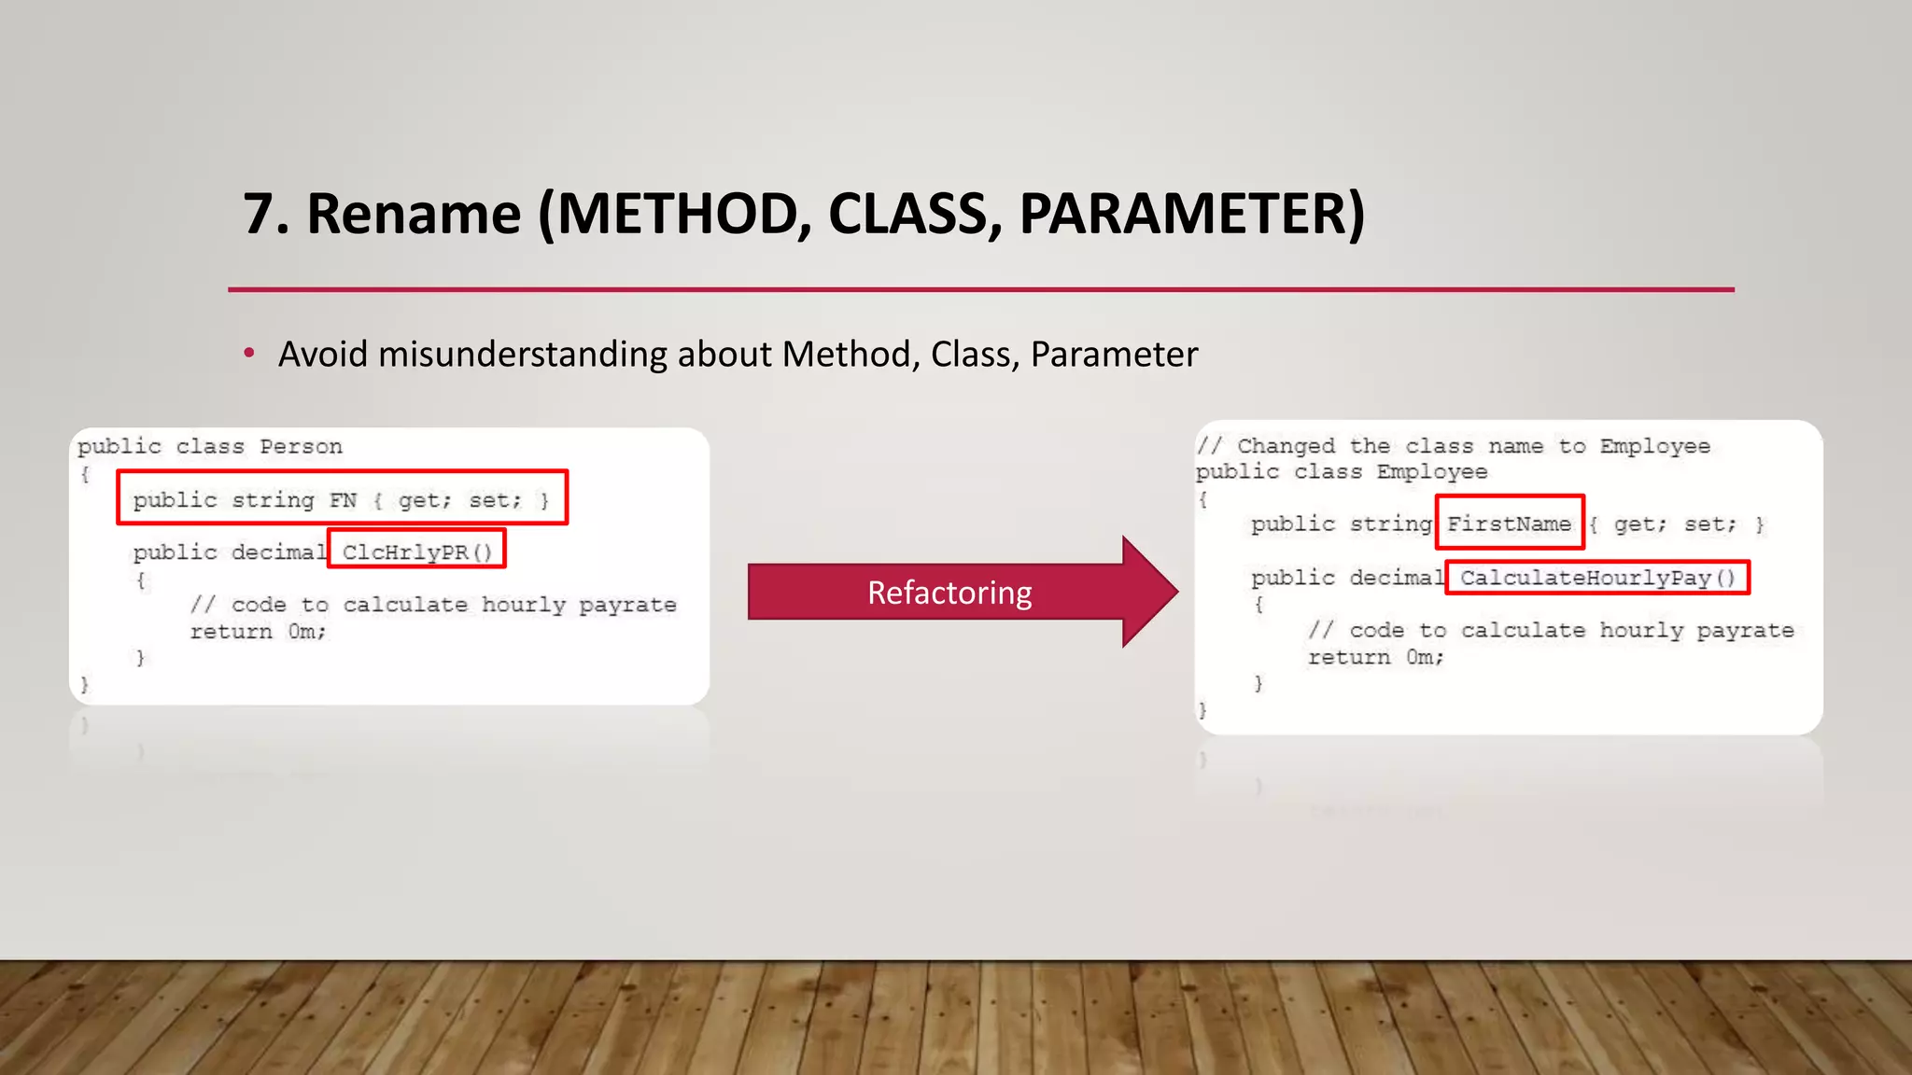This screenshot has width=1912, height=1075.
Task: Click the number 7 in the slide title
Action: point(259,215)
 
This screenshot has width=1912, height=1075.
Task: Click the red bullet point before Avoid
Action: point(248,354)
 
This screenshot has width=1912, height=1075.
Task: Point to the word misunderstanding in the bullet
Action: point(523,355)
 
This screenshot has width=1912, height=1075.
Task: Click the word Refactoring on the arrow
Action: point(949,593)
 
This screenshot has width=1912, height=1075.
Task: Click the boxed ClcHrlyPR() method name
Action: point(416,551)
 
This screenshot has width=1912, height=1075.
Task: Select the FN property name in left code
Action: point(343,500)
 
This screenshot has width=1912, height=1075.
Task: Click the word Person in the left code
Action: point(301,446)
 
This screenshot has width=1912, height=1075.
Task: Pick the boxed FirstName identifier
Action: point(1509,524)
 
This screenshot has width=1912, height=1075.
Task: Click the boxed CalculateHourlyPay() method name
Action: point(1596,578)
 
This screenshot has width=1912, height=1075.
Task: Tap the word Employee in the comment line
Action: point(1654,446)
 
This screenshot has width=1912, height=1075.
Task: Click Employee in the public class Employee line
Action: point(1431,471)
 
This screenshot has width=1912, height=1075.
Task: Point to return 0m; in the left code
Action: point(258,632)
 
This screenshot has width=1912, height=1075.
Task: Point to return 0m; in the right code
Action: point(1375,657)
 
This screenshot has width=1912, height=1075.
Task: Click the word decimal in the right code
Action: point(1395,578)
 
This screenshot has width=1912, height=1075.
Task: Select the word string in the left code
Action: point(273,500)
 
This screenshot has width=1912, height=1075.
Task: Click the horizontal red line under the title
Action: point(980,289)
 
